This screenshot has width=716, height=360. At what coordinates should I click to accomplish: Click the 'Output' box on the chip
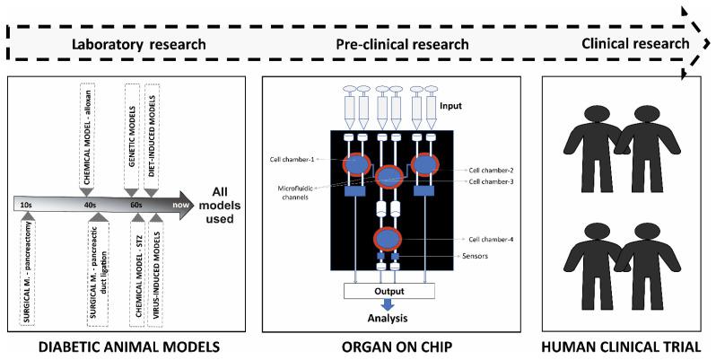pyautogui.click(x=390, y=291)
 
